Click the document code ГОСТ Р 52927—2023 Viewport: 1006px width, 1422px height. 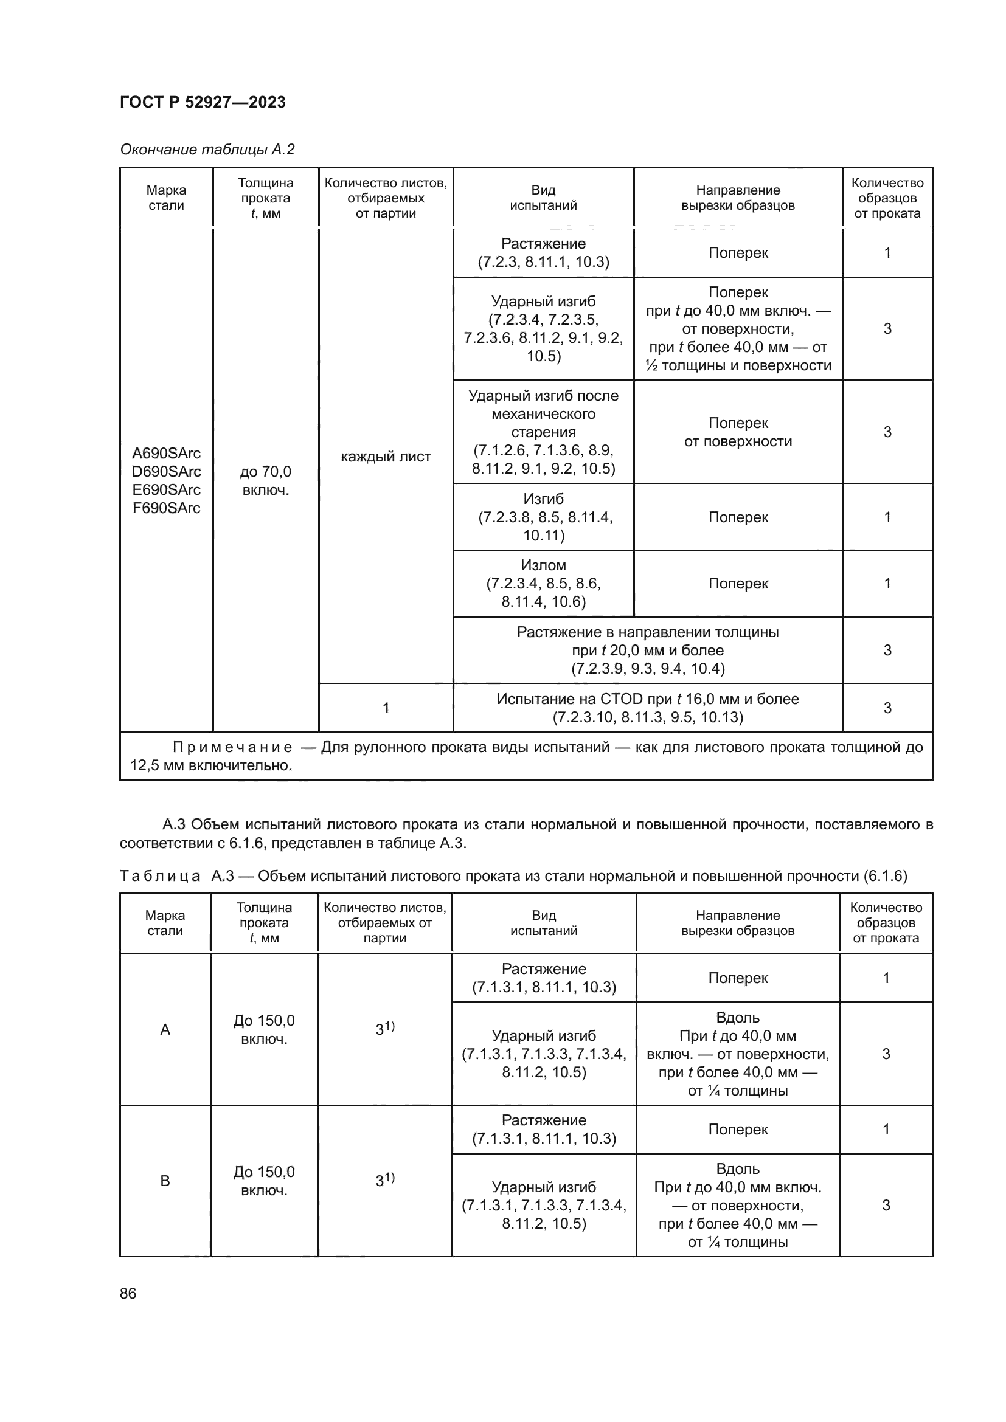tap(203, 102)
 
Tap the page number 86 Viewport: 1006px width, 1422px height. tap(128, 1293)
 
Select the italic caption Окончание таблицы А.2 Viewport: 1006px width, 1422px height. tap(207, 150)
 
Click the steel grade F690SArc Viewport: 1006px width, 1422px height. tap(167, 508)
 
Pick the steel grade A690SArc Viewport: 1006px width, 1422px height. tap(167, 454)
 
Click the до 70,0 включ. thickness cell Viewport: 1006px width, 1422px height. tap(266, 481)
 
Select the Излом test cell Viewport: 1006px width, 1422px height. tap(543, 584)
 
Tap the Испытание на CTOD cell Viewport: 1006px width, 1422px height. tap(647, 708)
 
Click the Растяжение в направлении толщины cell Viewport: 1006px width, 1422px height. tap(647, 651)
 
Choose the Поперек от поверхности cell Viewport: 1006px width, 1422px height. tap(738, 432)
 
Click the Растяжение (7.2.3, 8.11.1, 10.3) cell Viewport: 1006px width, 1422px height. tap(543, 253)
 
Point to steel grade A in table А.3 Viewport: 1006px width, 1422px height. tap(165, 1029)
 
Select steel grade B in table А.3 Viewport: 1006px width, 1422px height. tap(165, 1181)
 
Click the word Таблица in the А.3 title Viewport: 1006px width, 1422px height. tap(160, 875)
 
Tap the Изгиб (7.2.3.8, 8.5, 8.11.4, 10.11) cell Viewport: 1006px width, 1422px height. tap(543, 517)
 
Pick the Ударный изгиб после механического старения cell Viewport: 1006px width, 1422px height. tap(543, 432)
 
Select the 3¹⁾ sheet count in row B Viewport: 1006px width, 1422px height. tap(384, 1180)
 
